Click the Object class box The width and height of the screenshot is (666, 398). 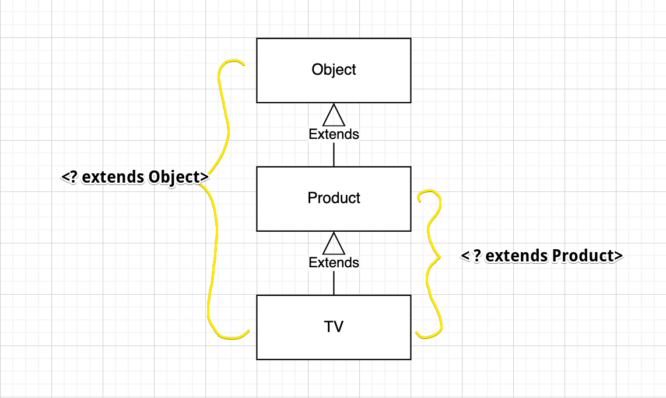click(334, 88)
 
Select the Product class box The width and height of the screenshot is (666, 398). click(334, 216)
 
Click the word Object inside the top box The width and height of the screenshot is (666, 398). click(334, 69)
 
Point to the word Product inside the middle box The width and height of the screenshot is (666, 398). click(334, 198)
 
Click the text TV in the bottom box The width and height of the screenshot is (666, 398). click(334, 326)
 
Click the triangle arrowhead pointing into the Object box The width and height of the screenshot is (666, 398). click(334, 116)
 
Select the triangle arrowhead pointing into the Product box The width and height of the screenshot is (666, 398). click(334, 244)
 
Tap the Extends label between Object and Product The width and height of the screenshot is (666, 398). click(334, 134)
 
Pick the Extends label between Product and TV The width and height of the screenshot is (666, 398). click(334, 263)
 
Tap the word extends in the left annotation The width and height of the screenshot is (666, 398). click(114, 177)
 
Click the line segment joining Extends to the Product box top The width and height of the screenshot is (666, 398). click(334, 154)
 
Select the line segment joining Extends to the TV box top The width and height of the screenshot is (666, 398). click(334, 282)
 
